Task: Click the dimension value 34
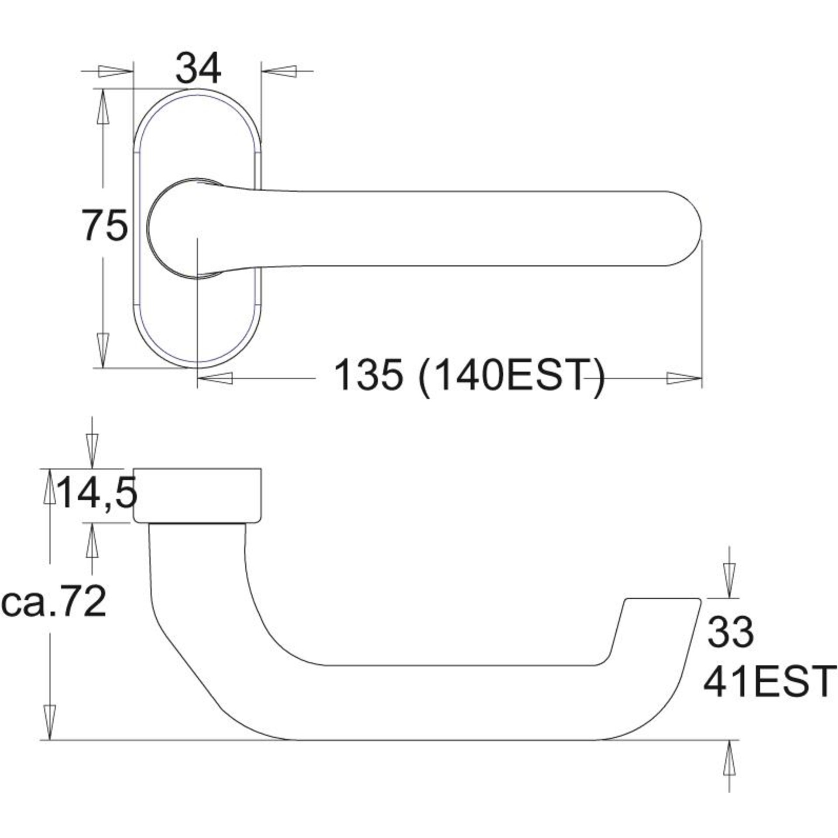point(198,69)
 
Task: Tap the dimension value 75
point(105,226)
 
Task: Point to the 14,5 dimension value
point(96,493)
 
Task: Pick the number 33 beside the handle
point(730,632)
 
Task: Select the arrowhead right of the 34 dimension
point(279,72)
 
